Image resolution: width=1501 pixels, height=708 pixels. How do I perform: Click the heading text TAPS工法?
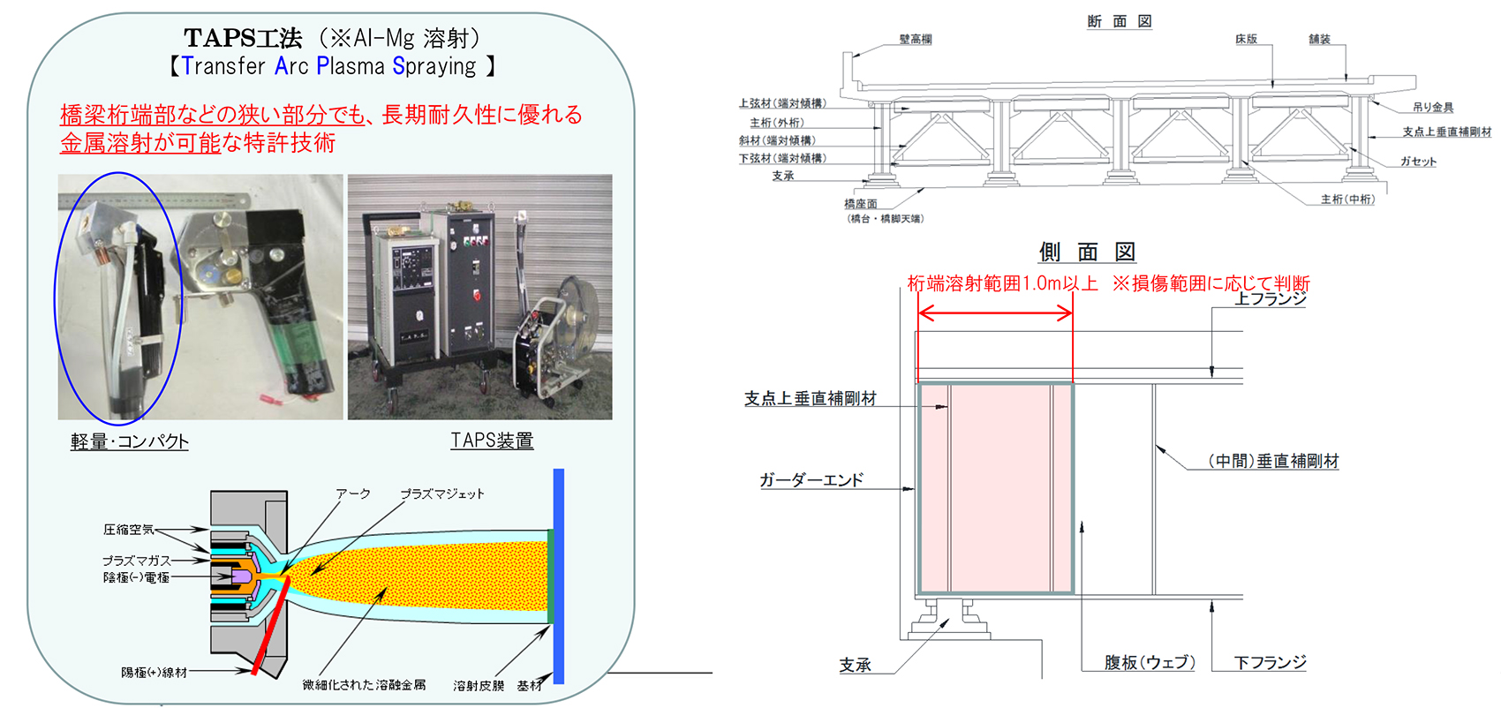pos(243,38)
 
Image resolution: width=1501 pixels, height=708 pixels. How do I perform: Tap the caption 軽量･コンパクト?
pos(130,441)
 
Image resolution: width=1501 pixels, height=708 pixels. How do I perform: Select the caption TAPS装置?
pos(492,441)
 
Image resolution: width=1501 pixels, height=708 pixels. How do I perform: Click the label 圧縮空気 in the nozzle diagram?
pos(128,530)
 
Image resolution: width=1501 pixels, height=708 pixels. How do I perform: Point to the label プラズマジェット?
pos(441,493)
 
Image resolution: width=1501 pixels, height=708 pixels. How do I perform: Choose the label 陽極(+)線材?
pos(154,673)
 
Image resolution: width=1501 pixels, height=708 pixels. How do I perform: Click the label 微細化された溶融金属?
pos(364,685)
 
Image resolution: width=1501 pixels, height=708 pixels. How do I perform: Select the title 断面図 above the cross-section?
pos(1119,21)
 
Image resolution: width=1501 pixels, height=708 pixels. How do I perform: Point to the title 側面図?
pos(1087,252)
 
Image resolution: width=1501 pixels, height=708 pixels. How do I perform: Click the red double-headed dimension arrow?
pos(995,313)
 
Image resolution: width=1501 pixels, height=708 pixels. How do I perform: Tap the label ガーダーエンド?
pos(811,480)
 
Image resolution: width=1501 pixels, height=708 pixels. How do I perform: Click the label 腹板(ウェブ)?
pos(1150,662)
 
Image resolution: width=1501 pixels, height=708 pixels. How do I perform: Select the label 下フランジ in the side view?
pos(1270,662)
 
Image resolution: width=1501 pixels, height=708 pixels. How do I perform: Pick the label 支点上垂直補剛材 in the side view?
pos(810,399)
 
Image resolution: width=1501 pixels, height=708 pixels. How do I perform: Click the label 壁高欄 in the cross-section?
pos(916,40)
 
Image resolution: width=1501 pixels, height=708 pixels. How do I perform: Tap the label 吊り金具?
pos(1432,108)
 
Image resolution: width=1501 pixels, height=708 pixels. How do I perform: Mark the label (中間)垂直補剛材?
pos(1273,461)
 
